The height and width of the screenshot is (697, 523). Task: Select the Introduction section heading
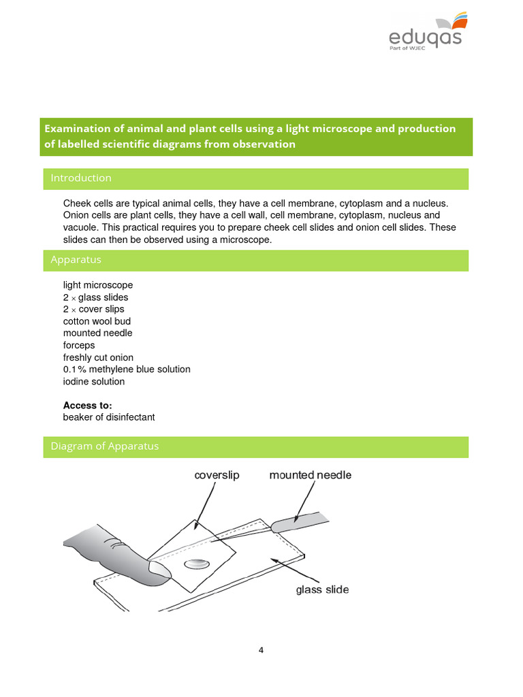click(81, 178)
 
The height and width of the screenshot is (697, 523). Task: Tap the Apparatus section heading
click(76, 260)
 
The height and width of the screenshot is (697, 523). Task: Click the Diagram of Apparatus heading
click(104, 447)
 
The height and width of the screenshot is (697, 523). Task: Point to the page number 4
click(261, 650)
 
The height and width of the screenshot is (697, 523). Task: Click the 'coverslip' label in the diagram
click(217, 475)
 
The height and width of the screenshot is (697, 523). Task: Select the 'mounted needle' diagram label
click(310, 475)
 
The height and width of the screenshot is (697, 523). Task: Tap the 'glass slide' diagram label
click(322, 589)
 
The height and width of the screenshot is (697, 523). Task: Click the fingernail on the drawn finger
click(159, 570)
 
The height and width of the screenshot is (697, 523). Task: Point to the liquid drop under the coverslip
click(197, 564)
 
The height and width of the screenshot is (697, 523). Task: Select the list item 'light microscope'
click(98, 285)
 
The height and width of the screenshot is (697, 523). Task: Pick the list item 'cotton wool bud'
click(97, 321)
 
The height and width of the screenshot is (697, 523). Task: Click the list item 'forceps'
click(79, 345)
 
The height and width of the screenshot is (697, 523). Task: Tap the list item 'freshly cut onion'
click(98, 357)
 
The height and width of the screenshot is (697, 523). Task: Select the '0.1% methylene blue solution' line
click(127, 370)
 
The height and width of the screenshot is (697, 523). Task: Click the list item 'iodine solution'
click(94, 381)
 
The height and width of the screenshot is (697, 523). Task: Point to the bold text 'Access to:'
click(87, 406)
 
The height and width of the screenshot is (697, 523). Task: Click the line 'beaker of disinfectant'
click(109, 417)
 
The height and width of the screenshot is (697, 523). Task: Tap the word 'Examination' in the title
click(75, 129)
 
